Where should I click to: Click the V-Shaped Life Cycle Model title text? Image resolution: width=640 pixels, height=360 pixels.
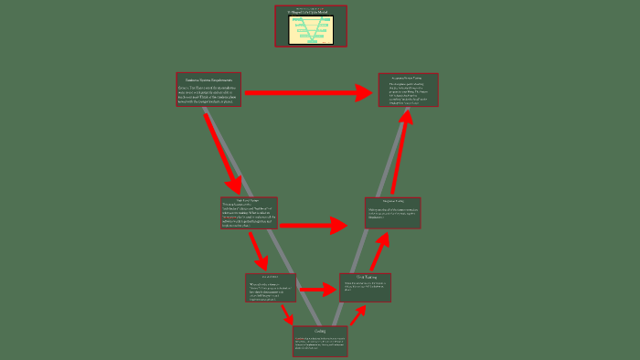point(311,12)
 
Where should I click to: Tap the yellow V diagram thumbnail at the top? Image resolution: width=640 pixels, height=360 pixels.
point(311,30)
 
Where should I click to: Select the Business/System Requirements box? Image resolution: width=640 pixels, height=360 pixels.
point(208,90)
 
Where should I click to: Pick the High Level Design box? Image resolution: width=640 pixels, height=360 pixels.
point(249,213)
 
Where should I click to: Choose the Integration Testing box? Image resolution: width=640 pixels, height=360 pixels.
point(392,213)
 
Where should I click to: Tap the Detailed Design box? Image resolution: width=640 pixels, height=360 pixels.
point(270,287)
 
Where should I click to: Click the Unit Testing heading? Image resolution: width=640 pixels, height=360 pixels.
point(365,277)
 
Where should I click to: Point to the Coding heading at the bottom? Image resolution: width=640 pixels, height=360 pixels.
point(320,332)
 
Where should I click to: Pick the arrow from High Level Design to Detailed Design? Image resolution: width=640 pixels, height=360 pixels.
point(259,249)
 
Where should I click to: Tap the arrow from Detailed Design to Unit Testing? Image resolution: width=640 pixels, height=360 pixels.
point(317,290)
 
